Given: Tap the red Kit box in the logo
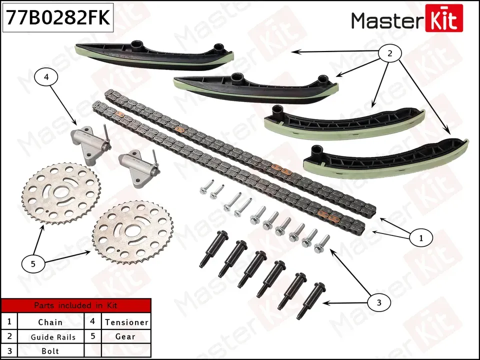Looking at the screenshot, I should tap(443, 20).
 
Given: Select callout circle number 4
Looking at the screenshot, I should tap(46, 77).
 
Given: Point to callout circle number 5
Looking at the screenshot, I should tap(33, 264).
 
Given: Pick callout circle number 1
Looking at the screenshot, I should tap(420, 238).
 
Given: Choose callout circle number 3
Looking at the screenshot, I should tap(378, 302).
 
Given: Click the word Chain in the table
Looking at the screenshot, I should tap(50, 322).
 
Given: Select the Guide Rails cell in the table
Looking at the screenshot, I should tap(53, 337).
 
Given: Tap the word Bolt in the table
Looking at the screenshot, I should tap(50, 351).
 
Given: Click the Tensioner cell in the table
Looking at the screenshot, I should tap(126, 322).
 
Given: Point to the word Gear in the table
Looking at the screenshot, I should tap(125, 337).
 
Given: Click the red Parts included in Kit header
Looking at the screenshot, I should tap(76, 305).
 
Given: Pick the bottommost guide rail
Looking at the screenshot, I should tap(385, 160).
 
